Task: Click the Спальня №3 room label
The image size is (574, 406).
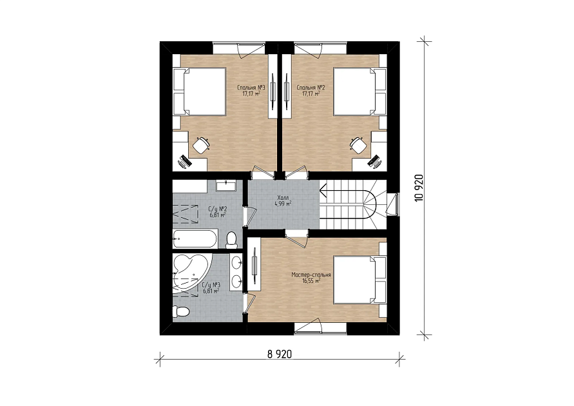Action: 251,90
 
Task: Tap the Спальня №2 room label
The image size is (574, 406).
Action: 311,90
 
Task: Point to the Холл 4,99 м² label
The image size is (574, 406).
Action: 283,201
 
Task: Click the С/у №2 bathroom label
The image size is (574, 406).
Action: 218,212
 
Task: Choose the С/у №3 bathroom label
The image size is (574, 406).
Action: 211,288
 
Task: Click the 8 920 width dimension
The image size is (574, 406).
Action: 280,354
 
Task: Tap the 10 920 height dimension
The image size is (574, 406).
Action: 419,188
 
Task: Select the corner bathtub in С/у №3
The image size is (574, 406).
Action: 189,273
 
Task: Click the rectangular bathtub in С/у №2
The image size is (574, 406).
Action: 195,239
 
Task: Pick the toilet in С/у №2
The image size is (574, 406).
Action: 231,240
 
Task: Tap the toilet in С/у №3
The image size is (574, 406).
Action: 181,311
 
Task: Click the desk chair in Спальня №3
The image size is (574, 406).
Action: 200,146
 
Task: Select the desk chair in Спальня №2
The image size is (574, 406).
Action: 358,146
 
